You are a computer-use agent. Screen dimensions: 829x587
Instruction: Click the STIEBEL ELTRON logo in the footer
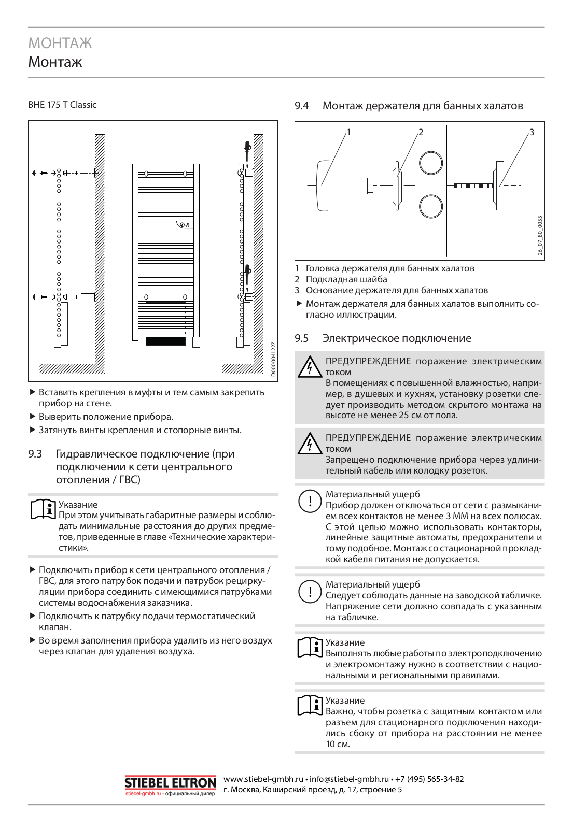tap(170, 783)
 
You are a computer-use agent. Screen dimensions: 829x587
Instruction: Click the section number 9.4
tap(301, 106)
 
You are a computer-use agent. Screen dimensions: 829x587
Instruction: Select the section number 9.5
tap(301, 338)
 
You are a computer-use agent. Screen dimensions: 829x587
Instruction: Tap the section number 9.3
tap(35, 454)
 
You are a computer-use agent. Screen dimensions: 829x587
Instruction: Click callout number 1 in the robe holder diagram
tap(348, 132)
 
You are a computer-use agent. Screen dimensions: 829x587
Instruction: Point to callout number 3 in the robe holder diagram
tap(532, 132)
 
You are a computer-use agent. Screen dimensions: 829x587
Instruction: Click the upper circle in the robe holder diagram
tap(431, 163)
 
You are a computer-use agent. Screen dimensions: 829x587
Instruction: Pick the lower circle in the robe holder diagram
tap(431, 206)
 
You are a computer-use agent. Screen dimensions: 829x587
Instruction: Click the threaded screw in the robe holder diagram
tap(473, 185)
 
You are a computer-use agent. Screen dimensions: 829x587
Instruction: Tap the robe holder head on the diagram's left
tap(323, 185)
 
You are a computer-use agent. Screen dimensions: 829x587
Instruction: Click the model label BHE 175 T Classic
tap(62, 105)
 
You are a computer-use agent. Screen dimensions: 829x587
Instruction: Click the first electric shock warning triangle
tap(310, 367)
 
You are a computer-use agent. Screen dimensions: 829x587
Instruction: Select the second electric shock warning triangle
tap(310, 444)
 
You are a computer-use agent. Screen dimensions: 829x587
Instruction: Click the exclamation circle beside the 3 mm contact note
tap(310, 501)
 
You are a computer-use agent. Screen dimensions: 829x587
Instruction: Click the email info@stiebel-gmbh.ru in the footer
tap(349, 779)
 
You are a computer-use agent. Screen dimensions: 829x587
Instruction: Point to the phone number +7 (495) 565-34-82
tap(429, 779)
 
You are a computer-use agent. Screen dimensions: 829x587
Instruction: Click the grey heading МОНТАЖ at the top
tap(60, 43)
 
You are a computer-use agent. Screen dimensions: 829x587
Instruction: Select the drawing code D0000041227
tap(273, 359)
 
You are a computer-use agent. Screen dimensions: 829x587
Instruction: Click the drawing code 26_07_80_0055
tap(540, 235)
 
